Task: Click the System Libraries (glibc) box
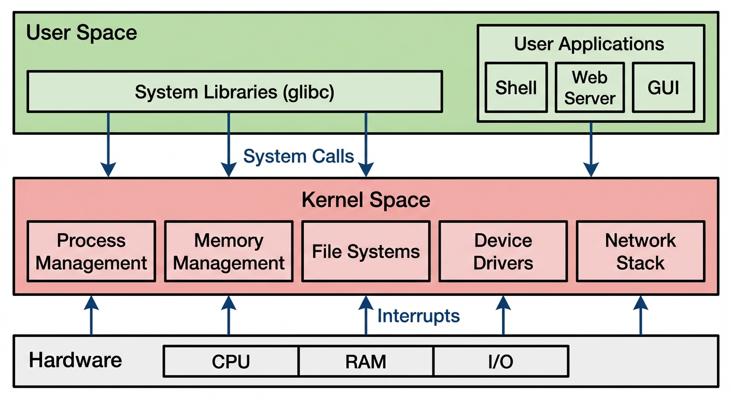click(x=234, y=92)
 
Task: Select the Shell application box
click(x=516, y=87)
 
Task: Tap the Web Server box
click(x=589, y=87)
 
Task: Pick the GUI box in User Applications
click(x=663, y=87)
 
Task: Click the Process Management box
click(x=91, y=251)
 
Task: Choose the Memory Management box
click(x=229, y=251)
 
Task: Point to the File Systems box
click(x=366, y=251)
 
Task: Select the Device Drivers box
click(x=503, y=251)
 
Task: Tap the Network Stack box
click(x=640, y=251)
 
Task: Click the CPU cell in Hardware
click(x=231, y=361)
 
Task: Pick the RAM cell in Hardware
click(x=366, y=361)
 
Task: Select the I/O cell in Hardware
click(x=500, y=361)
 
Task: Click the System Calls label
click(x=299, y=156)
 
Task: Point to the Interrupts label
click(x=418, y=316)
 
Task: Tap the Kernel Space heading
click(x=366, y=200)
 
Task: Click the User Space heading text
click(x=81, y=33)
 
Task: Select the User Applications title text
click(x=589, y=44)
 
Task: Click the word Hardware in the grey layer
click(x=75, y=360)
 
